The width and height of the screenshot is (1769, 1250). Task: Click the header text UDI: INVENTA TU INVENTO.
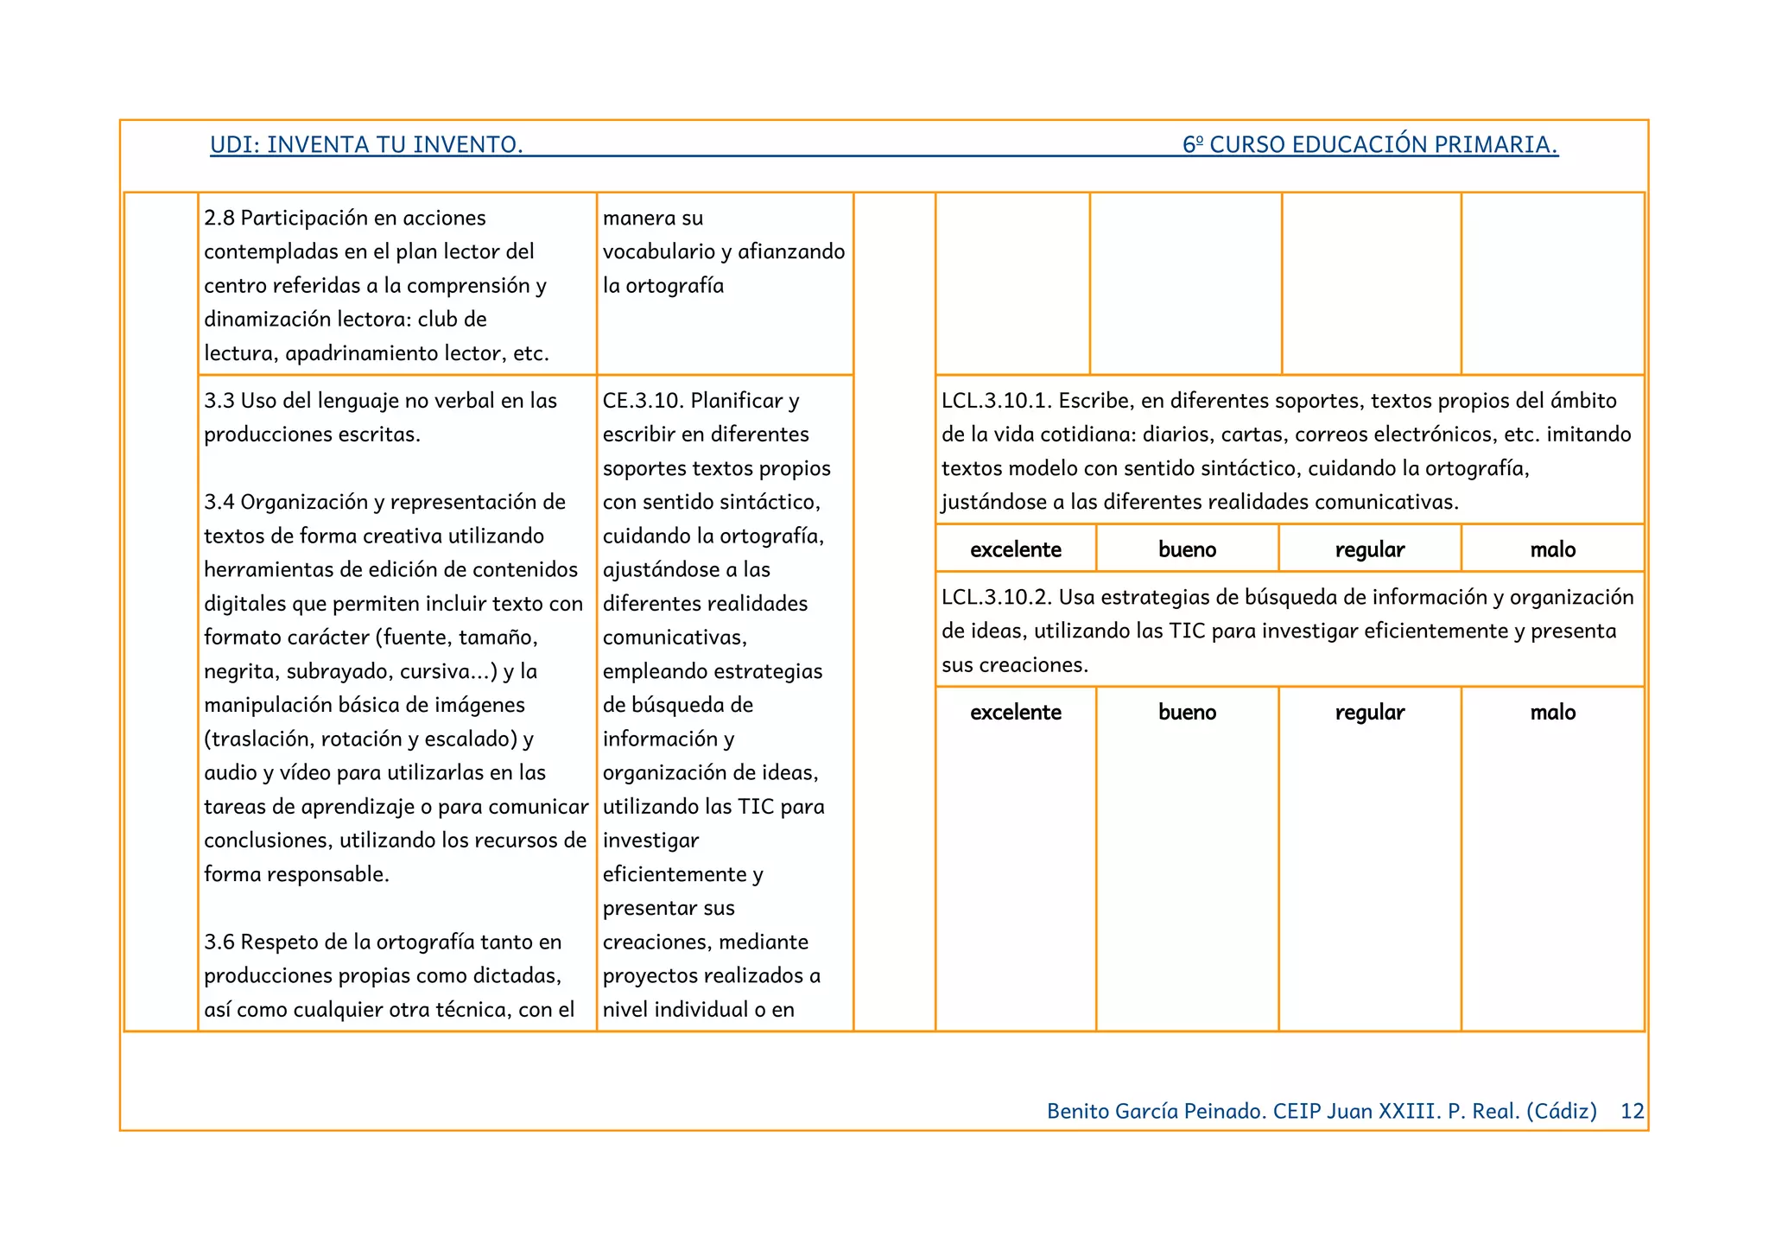tap(366, 144)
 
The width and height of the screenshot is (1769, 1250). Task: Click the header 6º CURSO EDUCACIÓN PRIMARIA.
tap(1370, 144)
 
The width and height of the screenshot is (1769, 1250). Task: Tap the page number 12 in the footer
tap(1632, 1111)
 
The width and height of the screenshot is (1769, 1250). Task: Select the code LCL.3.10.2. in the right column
tap(996, 598)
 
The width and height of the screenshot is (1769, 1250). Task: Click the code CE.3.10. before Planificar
tap(643, 401)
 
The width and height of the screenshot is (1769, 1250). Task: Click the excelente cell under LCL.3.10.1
tap(1015, 549)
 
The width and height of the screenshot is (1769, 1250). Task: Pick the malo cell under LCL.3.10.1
tap(1552, 549)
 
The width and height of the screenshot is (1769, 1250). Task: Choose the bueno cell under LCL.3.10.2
tap(1187, 713)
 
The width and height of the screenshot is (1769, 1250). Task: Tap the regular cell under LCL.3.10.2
tap(1369, 713)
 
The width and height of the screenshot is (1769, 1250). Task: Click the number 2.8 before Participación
tap(219, 219)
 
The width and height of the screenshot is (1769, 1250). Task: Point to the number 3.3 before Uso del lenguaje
tap(219, 401)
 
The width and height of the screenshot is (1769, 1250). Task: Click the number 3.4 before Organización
tap(219, 503)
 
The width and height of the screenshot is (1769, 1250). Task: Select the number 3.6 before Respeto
tap(219, 942)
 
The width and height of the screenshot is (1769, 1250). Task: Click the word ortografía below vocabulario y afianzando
tap(675, 286)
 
